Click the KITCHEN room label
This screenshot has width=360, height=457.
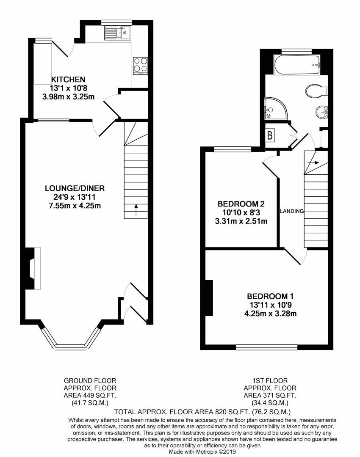68,79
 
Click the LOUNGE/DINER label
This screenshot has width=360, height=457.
75,188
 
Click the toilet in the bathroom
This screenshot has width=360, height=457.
316,90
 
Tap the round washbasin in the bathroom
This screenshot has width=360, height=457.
321,112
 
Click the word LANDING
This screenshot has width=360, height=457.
292,211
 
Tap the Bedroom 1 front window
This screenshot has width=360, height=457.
267,347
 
